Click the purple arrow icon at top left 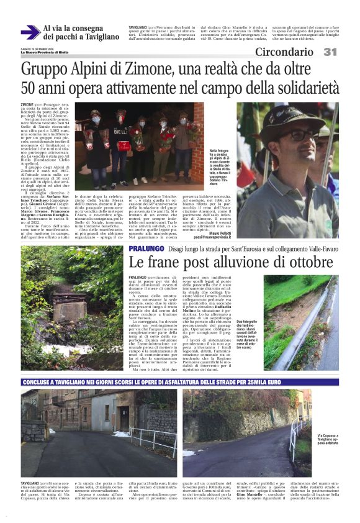click(29, 32)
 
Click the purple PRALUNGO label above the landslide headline click(147, 248)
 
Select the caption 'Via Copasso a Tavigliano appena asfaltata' click(330, 440)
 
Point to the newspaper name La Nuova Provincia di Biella click(46, 52)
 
